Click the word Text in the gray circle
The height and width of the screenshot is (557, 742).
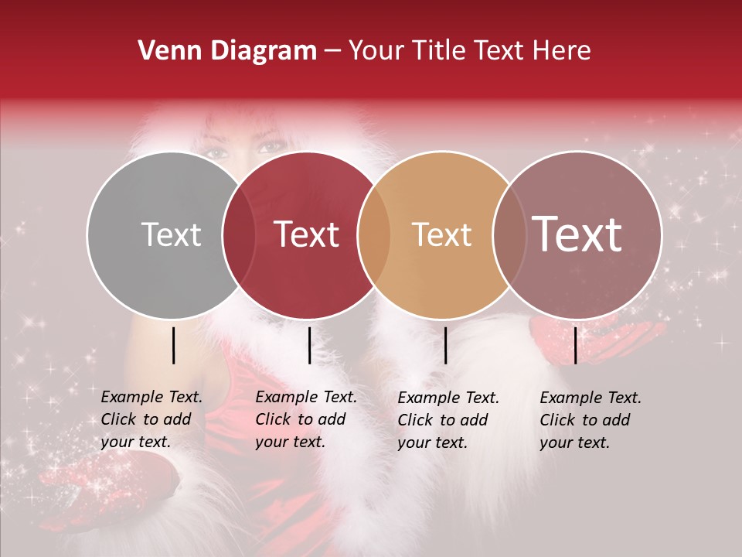(171, 235)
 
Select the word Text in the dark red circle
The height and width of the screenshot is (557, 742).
(307, 234)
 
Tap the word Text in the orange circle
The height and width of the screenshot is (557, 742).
(441, 234)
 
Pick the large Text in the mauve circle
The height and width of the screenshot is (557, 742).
(577, 234)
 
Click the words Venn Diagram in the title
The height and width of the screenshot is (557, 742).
(227, 51)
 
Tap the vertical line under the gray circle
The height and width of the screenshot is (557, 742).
(174, 345)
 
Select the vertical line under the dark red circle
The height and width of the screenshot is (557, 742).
(309, 345)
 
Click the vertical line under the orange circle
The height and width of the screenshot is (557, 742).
(446, 345)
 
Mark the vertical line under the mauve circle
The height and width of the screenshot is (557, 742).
(576, 345)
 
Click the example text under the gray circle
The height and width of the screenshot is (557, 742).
(151, 420)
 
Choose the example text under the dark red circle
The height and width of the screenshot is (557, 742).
(306, 420)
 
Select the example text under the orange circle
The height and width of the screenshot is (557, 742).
(448, 420)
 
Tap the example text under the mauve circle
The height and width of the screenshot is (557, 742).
(591, 420)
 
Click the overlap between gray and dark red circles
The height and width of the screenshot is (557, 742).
(239, 235)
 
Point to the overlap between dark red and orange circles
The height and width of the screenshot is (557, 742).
(374, 235)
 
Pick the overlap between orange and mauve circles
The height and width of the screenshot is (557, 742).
(509, 235)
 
